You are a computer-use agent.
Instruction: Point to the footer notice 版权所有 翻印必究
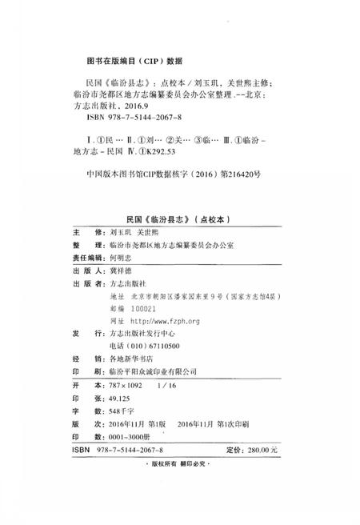click(x=180, y=465)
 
